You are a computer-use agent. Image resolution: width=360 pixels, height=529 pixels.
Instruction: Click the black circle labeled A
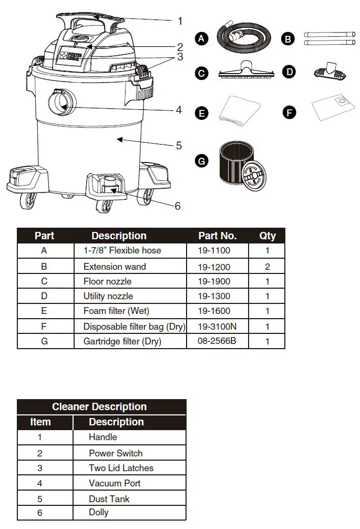click(x=200, y=38)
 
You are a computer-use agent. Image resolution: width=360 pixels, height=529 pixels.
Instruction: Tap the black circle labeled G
click(x=201, y=161)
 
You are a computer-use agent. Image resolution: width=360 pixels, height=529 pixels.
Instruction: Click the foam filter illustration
click(x=240, y=111)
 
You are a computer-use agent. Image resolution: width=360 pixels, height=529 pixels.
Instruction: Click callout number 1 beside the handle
click(x=180, y=21)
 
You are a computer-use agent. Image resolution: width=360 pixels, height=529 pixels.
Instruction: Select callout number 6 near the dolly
click(x=177, y=206)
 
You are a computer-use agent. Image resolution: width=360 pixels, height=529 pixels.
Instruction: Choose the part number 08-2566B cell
click(x=217, y=341)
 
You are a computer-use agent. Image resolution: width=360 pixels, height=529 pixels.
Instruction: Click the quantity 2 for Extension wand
click(x=267, y=267)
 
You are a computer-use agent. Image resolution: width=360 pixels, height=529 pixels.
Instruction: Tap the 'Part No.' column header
click(x=217, y=236)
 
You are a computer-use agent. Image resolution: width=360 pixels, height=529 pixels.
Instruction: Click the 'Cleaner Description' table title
click(x=99, y=406)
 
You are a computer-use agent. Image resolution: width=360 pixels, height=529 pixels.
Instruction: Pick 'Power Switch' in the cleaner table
click(x=116, y=453)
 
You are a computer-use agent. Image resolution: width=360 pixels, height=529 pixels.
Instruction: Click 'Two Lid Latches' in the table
click(x=121, y=467)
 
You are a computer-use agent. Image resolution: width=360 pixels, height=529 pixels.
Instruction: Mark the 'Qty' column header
click(x=267, y=236)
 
